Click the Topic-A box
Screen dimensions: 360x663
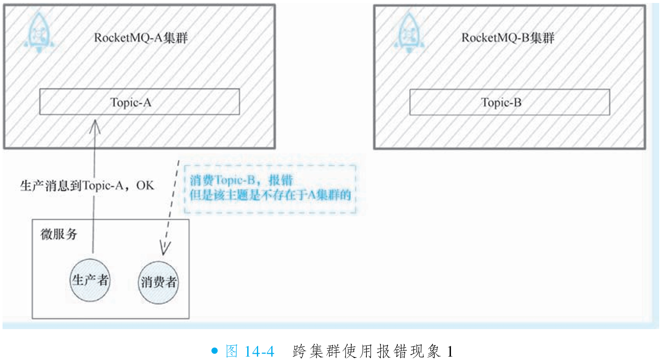[139, 102]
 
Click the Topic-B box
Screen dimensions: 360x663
[509, 102]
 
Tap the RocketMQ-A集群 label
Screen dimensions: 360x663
[141, 38]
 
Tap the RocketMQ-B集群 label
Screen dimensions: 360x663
[507, 38]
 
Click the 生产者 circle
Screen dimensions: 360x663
[90, 280]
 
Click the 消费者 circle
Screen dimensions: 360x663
[158, 282]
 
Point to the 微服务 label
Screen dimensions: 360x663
[59, 234]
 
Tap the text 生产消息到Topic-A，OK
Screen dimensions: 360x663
[87, 185]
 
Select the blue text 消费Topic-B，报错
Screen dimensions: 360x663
[241, 180]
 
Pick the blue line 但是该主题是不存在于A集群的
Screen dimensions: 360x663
[270, 195]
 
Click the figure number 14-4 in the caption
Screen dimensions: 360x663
[259, 351]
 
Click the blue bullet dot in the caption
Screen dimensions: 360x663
[215, 351]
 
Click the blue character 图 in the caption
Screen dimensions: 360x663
[232, 351]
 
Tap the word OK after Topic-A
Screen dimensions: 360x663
[145, 185]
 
